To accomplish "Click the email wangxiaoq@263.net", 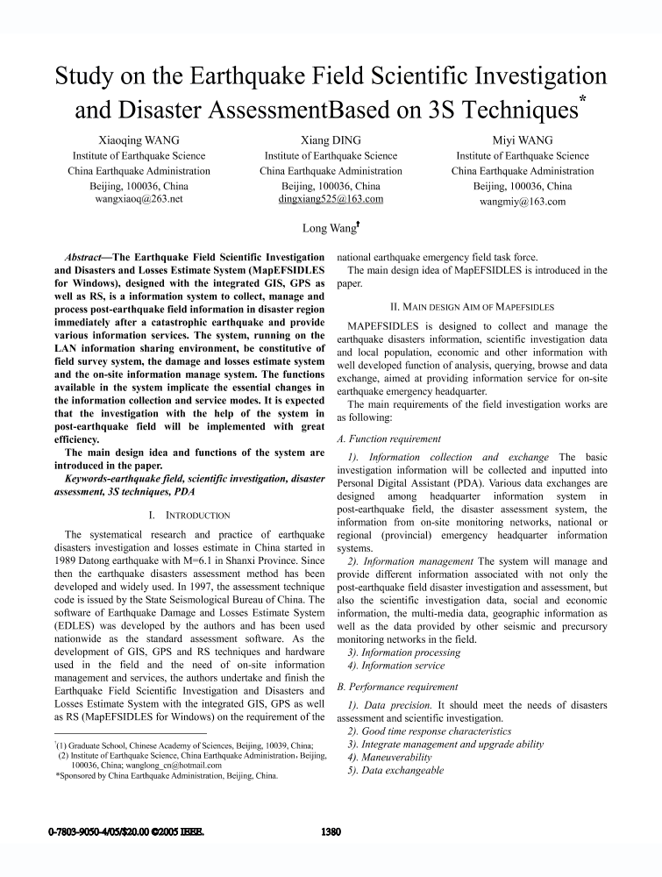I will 139,200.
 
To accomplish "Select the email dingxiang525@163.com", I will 331,200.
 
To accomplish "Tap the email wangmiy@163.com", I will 523,201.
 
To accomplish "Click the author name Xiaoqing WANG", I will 139,140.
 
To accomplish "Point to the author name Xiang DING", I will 331,140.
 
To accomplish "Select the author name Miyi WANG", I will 523,140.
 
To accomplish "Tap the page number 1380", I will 328,831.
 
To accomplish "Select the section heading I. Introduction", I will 190,515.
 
